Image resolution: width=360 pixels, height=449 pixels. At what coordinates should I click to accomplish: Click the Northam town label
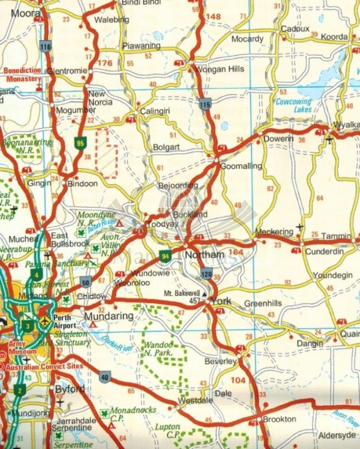click(205, 255)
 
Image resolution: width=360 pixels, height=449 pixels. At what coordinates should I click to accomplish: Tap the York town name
click(221, 301)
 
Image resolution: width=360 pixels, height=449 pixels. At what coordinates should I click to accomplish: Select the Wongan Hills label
click(220, 69)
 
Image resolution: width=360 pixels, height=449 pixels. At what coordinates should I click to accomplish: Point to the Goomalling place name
click(241, 166)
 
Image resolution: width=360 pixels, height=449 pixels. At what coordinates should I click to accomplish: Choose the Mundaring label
click(108, 315)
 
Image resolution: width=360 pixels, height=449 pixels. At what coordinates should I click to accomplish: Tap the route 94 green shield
click(165, 257)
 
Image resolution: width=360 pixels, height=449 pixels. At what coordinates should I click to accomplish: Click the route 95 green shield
click(80, 143)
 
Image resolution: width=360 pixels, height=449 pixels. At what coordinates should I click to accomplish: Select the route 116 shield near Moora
click(46, 46)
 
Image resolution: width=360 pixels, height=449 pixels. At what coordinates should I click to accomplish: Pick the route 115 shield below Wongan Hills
click(205, 104)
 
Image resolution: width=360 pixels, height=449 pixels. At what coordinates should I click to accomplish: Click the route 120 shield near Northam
click(207, 275)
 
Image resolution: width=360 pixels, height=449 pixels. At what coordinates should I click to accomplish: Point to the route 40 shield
click(105, 377)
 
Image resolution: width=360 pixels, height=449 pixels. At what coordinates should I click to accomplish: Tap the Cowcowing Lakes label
click(294, 106)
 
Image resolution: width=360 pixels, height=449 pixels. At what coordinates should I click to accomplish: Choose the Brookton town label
click(279, 419)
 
